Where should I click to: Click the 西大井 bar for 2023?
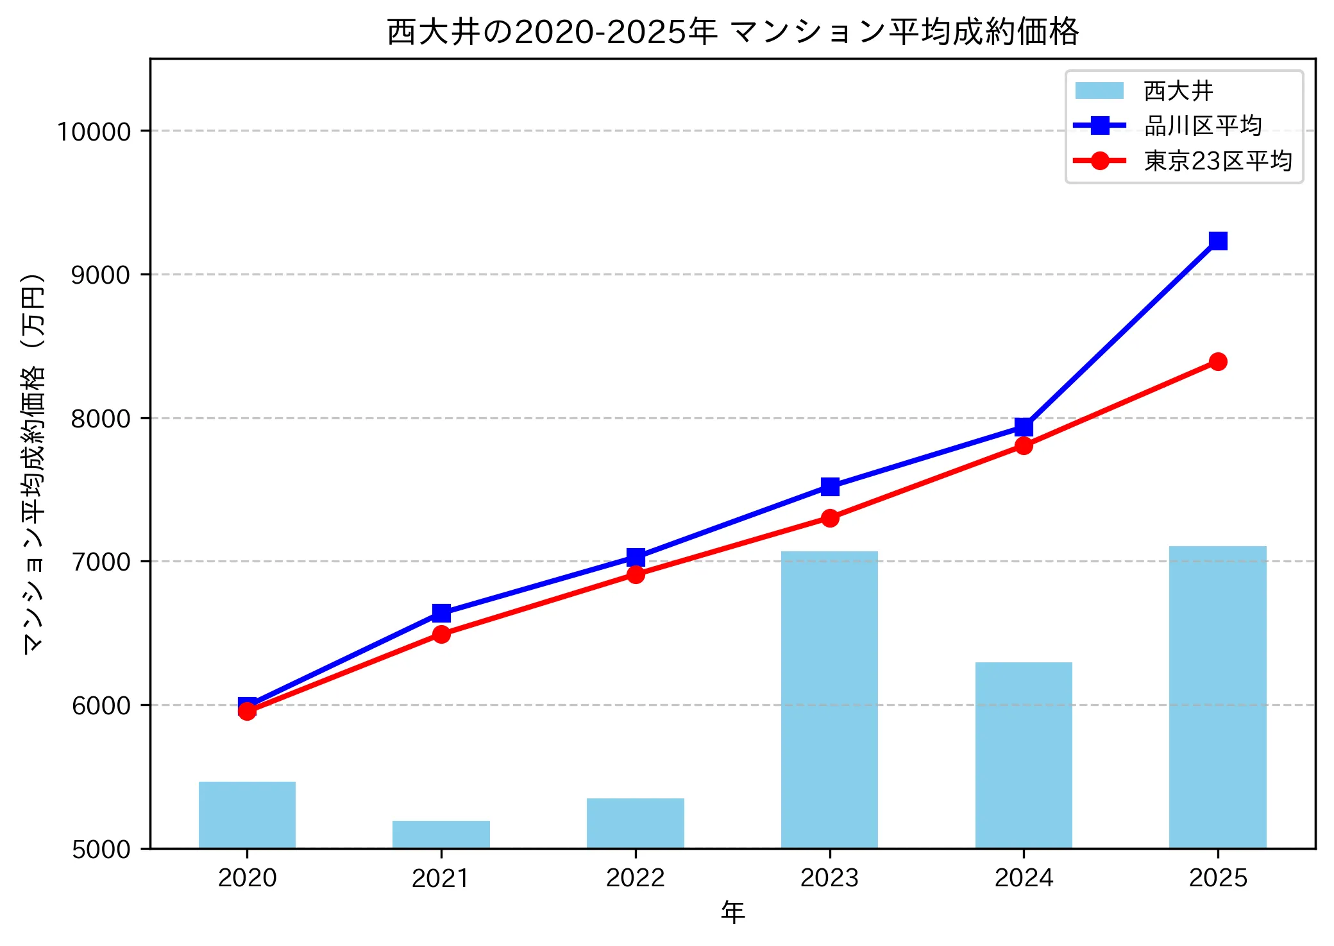[829, 700]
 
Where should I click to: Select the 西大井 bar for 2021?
[441, 834]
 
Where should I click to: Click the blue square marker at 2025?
[1218, 241]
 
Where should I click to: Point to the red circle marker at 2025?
[1218, 362]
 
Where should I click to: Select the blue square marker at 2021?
[441, 613]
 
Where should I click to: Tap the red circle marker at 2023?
[830, 518]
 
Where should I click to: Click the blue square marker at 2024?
[1024, 427]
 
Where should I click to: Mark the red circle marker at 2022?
[636, 574]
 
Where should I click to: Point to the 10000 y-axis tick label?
[94, 132]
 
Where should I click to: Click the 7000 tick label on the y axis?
[101, 562]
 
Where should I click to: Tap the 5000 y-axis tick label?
[101, 850]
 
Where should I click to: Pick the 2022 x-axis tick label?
[635, 878]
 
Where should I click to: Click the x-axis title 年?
[732, 912]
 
